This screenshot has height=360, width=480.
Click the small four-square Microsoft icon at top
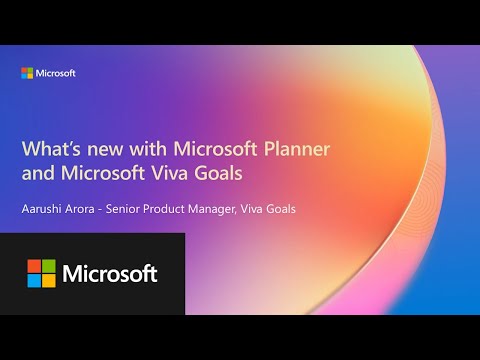(x=28, y=73)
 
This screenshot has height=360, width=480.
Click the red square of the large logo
(x=34, y=266)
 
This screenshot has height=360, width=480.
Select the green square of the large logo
(x=48, y=266)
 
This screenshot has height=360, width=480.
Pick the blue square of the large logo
(x=34, y=280)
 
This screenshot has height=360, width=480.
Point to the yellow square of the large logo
(x=48, y=280)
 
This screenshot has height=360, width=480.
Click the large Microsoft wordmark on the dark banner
(x=110, y=273)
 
